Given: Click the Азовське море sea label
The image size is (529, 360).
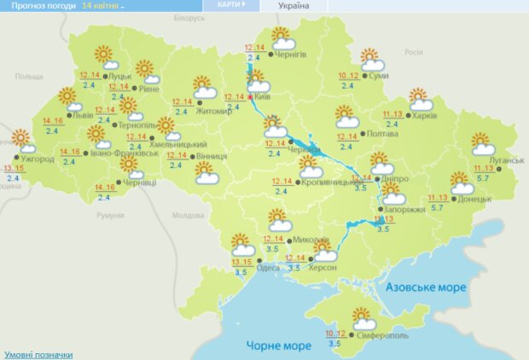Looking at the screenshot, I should (x=426, y=287).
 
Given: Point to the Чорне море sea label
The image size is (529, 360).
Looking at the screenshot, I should (x=278, y=345).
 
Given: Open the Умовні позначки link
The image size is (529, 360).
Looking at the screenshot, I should (x=38, y=354).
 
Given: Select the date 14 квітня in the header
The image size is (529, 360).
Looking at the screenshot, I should (x=101, y=6).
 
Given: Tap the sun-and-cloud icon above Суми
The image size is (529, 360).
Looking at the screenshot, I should (x=371, y=60).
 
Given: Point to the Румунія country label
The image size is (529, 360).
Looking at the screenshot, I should (x=111, y=216).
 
